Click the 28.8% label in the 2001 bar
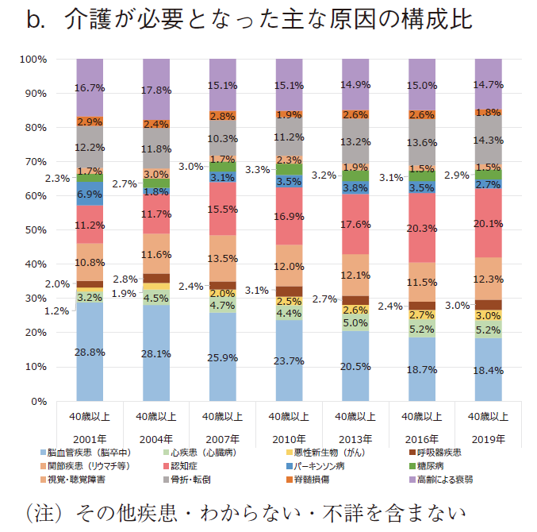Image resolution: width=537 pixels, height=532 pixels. point(90,352)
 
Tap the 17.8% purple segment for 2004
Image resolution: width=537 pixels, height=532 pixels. point(156,90)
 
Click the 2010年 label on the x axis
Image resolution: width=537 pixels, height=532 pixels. point(288,438)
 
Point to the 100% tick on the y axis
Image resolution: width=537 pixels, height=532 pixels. point(34,60)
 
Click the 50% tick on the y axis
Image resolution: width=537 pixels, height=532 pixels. point(36,230)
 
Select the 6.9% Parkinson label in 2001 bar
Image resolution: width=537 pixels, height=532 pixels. point(90,194)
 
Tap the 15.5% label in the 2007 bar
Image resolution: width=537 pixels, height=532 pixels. point(222,208)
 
